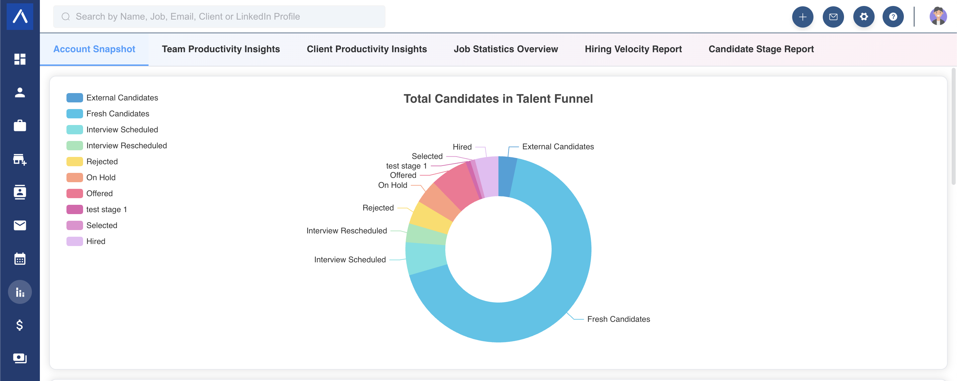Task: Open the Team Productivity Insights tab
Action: [221, 49]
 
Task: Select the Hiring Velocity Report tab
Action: [633, 49]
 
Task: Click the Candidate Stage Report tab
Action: [761, 49]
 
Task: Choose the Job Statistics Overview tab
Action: [506, 49]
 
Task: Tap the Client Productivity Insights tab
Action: [367, 49]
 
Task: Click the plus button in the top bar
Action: [802, 17]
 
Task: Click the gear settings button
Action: [864, 17]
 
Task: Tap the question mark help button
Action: [893, 17]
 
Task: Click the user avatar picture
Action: [938, 16]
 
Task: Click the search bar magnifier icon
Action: [66, 17]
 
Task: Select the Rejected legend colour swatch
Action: [75, 162]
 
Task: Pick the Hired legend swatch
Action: [75, 242]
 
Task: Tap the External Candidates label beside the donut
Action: [558, 147]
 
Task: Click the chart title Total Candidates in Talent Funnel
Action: [498, 99]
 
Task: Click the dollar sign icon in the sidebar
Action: [20, 325]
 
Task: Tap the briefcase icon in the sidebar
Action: [20, 126]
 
